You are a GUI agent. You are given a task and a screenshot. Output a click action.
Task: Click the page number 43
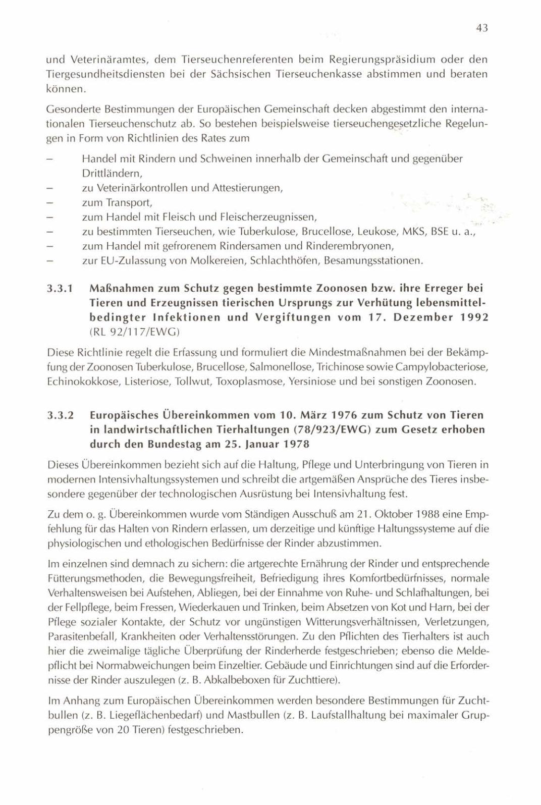pos(481,29)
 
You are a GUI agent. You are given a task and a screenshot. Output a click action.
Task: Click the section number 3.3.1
pos(61,289)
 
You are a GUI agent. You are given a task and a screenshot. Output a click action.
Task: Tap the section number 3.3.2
pos(61,415)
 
